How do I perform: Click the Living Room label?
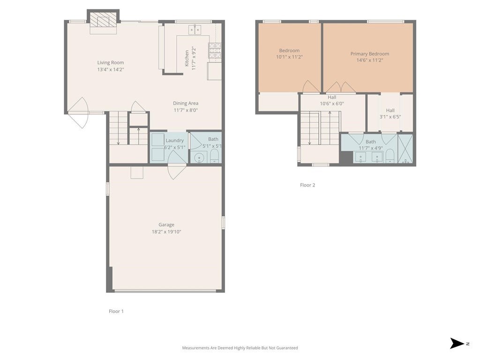click(111, 62)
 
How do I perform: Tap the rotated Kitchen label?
click(187, 58)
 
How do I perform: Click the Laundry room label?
click(174, 140)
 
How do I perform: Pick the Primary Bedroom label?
click(369, 54)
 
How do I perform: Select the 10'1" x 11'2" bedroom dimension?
click(289, 57)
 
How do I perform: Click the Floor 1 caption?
click(116, 311)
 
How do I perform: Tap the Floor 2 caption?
click(307, 185)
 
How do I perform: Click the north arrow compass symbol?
click(456, 343)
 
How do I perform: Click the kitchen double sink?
click(195, 30)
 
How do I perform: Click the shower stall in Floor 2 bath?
click(405, 149)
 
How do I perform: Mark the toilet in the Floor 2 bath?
click(390, 156)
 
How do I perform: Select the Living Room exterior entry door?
click(78, 112)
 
